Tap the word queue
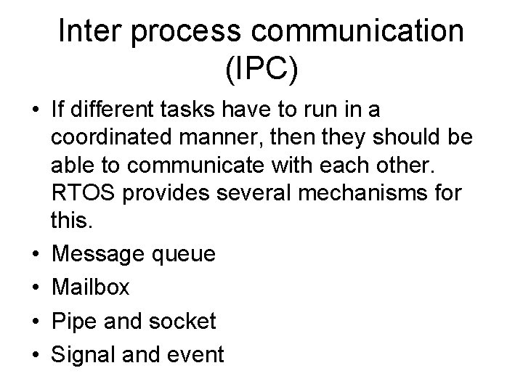[185, 255]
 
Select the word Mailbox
[90, 287]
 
